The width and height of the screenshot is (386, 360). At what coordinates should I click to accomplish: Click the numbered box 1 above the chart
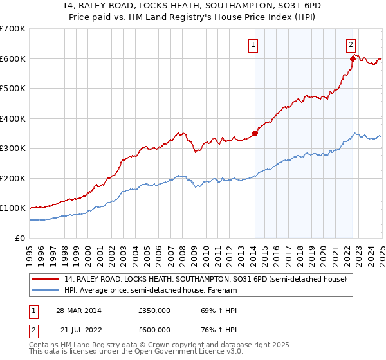(253, 45)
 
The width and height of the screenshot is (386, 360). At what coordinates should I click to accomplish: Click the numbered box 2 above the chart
(351, 45)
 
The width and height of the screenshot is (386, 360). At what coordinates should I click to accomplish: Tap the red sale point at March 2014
(255, 134)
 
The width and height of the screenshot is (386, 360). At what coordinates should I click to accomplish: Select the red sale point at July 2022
(353, 59)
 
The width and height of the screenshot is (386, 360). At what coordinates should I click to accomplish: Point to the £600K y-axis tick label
(13, 59)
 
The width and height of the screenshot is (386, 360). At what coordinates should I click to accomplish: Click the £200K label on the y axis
(13, 178)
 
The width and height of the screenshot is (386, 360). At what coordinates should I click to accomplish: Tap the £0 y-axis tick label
(21, 238)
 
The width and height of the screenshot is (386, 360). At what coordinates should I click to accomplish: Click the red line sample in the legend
(46, 279)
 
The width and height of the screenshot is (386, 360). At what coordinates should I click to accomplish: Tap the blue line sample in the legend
(46, 290)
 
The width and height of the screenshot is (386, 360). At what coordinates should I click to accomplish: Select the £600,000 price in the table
(154, 329)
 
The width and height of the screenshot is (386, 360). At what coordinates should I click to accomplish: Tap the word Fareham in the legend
(229, 290)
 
